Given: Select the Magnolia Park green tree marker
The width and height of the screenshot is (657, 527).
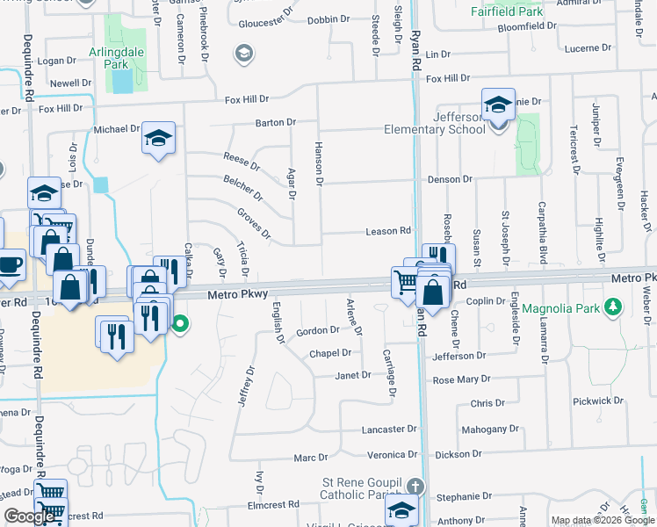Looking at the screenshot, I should (614, 308).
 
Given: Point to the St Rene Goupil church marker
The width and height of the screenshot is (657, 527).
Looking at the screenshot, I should (415, 486).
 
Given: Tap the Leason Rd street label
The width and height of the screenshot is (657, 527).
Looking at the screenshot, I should (388, 232).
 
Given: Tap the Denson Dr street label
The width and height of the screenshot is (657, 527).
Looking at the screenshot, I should (450, 179).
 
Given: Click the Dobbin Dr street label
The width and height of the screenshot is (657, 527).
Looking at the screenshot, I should (329, 18).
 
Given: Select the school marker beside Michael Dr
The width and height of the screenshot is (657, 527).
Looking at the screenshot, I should (159, 138).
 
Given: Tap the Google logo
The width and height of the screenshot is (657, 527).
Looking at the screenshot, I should (29, 516).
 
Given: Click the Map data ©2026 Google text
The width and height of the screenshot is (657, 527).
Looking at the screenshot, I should (603, 520).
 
